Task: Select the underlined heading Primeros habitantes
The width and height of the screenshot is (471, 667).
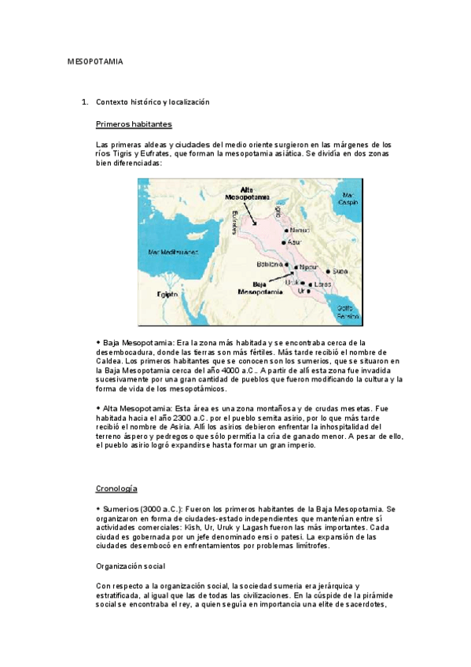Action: [134, 124]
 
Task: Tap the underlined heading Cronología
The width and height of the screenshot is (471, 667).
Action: [116, 488]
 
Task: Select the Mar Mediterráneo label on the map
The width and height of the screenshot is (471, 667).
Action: [173, 252]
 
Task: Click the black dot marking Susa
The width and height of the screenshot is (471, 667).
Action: [329, 271]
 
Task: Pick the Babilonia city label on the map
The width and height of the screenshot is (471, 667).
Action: [268, 264]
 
